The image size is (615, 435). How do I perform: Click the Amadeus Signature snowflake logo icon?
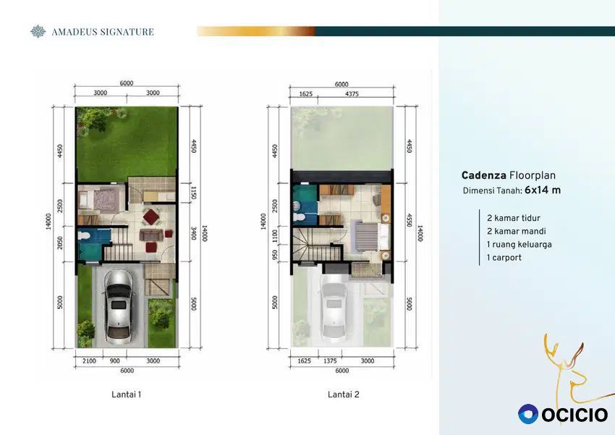click(x=38, y=31)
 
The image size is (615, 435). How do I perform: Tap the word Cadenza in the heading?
click(x=483, y=175)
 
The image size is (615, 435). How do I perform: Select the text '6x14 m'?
click(x=543, y=190)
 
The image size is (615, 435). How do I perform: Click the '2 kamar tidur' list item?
click(x=514, y=218)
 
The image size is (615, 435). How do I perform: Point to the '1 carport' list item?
click(x=504, y=258)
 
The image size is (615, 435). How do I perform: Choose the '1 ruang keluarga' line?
click(x=519, y=245)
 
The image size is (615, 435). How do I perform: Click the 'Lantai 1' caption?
click(x=127, y=394)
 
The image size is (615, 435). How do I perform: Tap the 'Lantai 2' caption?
click(x=343, y=394)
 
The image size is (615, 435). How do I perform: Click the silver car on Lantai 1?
click(x=119, y=307)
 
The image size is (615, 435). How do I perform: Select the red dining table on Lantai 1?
click(x=151, y=216)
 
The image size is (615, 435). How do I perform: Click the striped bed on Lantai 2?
click(x=367, y=236)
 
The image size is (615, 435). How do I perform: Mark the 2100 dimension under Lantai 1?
click(x=89, y=361)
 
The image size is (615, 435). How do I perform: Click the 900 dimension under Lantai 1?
click(x=114, y=361)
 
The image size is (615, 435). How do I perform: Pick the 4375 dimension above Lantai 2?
click(x=352, y=94)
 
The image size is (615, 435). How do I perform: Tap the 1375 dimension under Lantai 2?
click(x=330, y=361)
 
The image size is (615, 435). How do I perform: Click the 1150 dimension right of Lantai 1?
click(x=193, y=193)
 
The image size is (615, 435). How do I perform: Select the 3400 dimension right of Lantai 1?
click(x=193, y=233)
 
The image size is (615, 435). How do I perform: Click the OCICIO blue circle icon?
click(x=528, y=414)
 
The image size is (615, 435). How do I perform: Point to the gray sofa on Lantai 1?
click(x=151, y=235)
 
